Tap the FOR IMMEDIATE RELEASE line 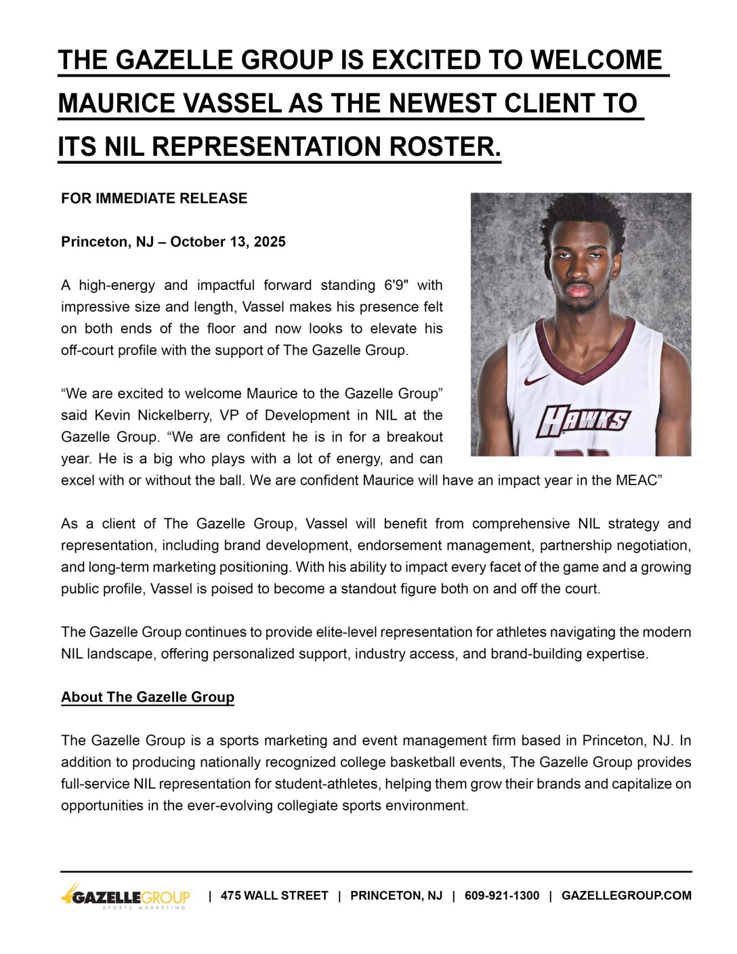pyautogui.click(x=154, y=199)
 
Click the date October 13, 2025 pyautogui.click(x=228, y=242)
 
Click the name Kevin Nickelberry pyautogui.click(x=150, y=415)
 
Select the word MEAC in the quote pyautogui.click(x=636, y=480)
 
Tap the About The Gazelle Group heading pyautogui.click(x=148, y=697)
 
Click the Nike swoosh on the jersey pyautogui.click(x=536, y=380)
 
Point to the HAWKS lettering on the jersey pyautogui.click(x=583, y=421)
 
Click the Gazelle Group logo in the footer pyautogui.click(x=126, y=896)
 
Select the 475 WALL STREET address pyautogui.click(x=274, y=896)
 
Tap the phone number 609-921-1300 pyautogui.click(x=502, y=896)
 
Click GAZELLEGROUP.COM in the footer pyautogui.click(x=627, y=896)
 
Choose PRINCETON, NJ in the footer pyautogui.click(x=396, y=896)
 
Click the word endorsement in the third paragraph pyautogui.click(x=394, y=545)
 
